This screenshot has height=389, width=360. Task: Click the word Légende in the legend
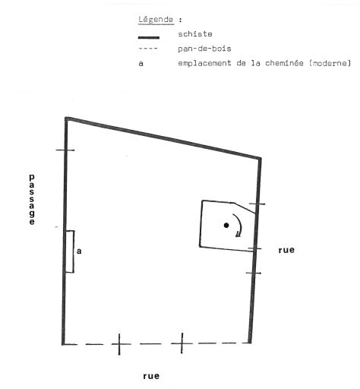coord(156,20)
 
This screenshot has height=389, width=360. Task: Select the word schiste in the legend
coord(195,33)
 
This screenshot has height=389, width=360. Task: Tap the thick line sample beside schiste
coord(149,38)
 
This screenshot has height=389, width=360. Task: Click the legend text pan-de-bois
coord(204,49)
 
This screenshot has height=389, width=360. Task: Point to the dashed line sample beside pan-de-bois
coord(148,49)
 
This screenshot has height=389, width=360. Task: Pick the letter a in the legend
coord(141,63)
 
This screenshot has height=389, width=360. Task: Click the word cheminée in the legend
coord(284,63)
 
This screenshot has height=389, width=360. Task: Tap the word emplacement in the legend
coord(204,63)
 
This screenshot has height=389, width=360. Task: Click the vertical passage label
coord(32,199)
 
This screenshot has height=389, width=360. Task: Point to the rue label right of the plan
coord(286,250)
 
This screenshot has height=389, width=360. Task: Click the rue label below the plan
coord(151,376)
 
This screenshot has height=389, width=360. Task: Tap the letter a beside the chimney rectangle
coord(79,251)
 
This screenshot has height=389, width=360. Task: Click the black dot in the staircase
coord(226,225)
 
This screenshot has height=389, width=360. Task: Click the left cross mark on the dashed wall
coord(119,344)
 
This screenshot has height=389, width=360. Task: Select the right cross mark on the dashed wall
coord(182,343)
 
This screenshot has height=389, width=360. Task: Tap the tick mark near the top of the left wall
coord(65,150)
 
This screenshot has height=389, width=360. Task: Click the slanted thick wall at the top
coord(163,138)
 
